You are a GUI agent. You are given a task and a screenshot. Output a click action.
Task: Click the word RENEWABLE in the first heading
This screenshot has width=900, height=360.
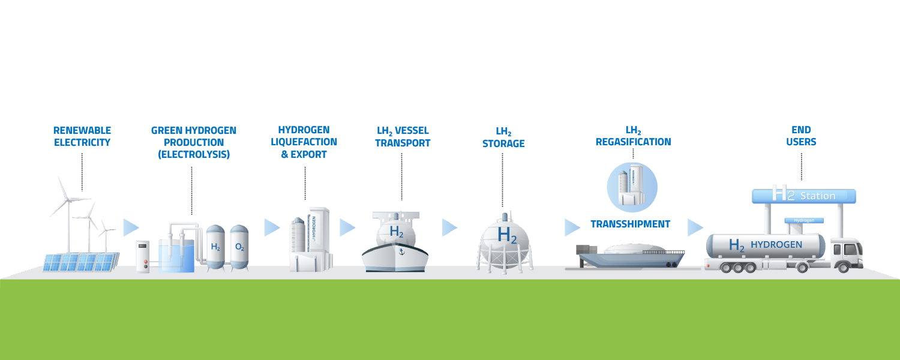click(82, 131)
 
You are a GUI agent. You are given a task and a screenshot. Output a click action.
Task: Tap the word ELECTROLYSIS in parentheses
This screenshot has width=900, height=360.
click(194, 154)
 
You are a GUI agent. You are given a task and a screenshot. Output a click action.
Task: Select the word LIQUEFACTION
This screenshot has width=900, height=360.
click(304, 142)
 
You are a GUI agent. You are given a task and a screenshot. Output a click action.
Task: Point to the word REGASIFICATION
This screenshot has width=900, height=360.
click(633, 142)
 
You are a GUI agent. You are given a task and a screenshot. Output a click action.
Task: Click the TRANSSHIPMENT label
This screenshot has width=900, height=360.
click(631, 224)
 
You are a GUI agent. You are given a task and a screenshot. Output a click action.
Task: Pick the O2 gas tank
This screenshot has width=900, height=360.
click(239, 247)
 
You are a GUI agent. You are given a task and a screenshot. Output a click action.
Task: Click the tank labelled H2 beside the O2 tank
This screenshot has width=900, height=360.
click(215, 247)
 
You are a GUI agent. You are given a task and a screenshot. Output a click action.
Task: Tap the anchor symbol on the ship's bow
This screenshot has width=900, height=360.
click(401, 252)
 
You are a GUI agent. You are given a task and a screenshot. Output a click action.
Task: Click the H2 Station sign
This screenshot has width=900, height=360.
click(804, 196)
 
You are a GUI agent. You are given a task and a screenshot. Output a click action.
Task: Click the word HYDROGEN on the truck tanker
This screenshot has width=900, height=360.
click(776, 245)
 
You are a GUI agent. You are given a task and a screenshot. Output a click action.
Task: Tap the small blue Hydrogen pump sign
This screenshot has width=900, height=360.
click(804, 221)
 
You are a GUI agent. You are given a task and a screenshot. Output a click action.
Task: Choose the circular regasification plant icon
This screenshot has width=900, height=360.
click(632, 187)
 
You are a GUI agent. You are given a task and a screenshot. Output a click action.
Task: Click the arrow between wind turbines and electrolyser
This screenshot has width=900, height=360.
click(131, 228)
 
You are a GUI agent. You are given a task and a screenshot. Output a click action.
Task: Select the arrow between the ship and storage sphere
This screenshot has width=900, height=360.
click(449, 228)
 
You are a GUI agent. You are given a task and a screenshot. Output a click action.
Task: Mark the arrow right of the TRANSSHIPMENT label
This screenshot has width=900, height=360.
click(695, 228)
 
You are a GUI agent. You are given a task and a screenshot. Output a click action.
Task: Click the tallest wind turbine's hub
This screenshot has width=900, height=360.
click(68, 200)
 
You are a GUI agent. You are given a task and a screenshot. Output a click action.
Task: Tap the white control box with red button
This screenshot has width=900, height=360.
click(143, 257)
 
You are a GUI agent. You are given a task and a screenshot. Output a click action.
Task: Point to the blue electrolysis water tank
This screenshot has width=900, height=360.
click(176, 256)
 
